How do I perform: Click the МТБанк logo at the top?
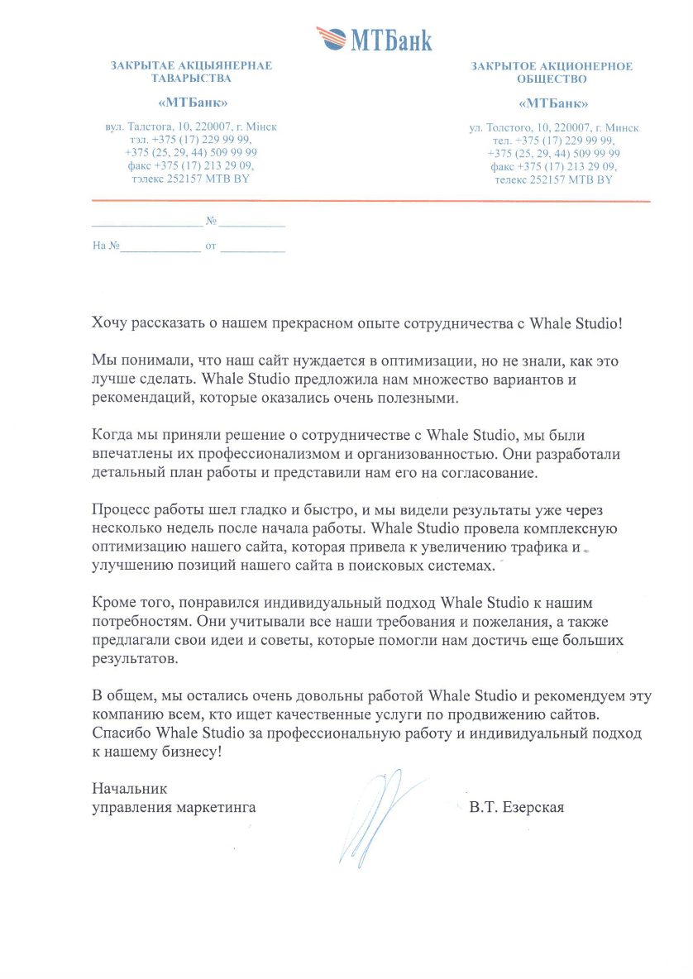(x=374, y=39)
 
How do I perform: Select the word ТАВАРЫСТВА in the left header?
(x=191, y=79)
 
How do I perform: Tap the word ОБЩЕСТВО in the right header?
(x=552, y=79)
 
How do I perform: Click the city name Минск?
(x=622, y=128)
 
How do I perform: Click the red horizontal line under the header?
(x=370, y=201)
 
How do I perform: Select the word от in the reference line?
(x=210, y=246)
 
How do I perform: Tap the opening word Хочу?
(x=110, y=322)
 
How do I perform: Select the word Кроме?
(x=112, y=604)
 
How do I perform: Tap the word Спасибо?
(x=121, y=734)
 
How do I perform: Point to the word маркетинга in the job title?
(x=216, y=808)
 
